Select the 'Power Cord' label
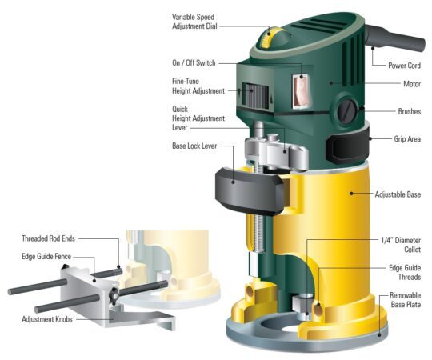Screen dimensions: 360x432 point(403,66)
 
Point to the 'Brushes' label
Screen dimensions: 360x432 point(408,111)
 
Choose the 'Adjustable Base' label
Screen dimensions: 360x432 point(398,194)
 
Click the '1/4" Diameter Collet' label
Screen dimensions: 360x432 point(401,244)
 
